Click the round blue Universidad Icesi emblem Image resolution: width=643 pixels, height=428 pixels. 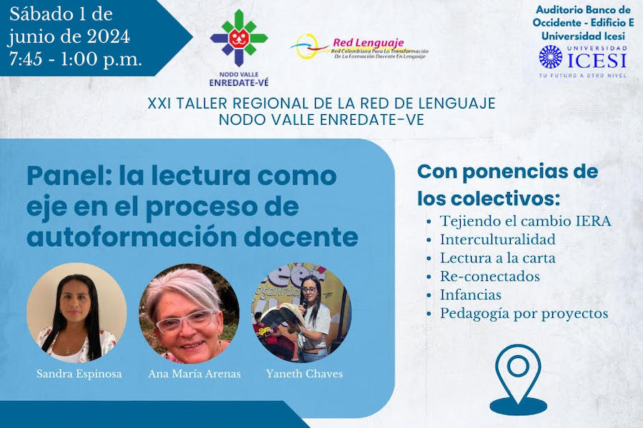click(x=550, y=56)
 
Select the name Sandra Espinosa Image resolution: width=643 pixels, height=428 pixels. click(x=79, y=374)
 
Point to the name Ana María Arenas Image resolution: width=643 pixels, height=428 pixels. click(x=194, y=374)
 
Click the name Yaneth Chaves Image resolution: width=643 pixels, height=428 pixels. click(x=304, y=374)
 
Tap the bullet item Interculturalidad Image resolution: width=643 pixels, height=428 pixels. click(x=498, y=240)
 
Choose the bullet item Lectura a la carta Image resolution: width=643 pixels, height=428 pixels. click(x=498, y=258)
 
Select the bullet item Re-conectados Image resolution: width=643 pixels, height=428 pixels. click(x=490, y=277)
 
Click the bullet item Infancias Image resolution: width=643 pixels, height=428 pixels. click(x=471, y=295)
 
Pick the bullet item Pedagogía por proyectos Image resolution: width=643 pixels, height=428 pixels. click(x=524, y=314)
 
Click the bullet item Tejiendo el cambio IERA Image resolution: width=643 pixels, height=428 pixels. click(x=526, y=221)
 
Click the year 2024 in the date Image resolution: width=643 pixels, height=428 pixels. click(x=109, y=37)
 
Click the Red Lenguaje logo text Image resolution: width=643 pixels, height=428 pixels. click(x=368, y=43)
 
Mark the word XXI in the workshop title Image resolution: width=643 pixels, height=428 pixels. click(x=159, y=103)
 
